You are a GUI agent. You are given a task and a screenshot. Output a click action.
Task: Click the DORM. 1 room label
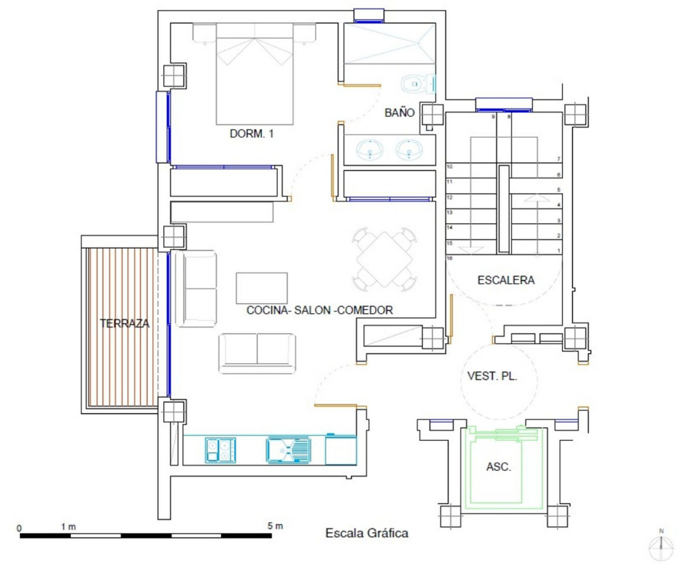tap(252, 134)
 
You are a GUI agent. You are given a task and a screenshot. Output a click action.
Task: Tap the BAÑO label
tap(400, 112)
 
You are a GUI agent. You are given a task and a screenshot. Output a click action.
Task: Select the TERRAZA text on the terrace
tap(125, 323)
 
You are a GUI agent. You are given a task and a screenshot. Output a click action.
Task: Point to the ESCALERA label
tap(506, 280)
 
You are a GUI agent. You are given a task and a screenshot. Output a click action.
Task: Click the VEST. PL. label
tap(492, 376)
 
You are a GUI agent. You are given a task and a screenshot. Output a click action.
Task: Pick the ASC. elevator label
tap(498, 467)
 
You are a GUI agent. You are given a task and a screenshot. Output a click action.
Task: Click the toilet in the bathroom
tap(419, 84)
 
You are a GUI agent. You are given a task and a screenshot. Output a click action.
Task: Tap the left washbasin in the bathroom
tap(370, 150)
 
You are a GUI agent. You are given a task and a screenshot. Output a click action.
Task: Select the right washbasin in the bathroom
tap(409, 150)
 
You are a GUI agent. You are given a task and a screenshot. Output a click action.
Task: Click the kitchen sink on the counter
tap(288, 450)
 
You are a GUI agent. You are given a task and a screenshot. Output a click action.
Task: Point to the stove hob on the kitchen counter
tap(220, 450)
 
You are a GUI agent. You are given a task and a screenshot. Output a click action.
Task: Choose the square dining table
tap(384, 259)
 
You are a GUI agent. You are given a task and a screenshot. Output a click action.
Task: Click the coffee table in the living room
tap(262, 288)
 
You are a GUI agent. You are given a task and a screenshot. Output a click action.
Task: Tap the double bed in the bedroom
tap(254, 74)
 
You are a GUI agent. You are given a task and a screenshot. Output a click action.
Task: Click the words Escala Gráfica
tap(367, 533)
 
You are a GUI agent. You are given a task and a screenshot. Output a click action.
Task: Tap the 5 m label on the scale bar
tap(276, 526)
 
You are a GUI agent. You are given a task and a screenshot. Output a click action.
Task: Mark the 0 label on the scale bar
tap(19, 529)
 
